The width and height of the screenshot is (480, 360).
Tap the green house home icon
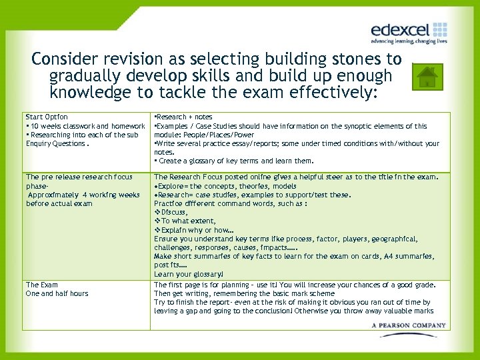point(427,77)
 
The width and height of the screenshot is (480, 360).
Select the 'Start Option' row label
point(47,117)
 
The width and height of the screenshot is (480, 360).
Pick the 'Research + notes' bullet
point(184,117)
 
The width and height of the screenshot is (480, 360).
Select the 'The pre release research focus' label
point(79,177)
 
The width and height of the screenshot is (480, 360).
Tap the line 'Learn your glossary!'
point(189,274)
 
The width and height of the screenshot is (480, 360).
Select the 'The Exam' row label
point(42,285)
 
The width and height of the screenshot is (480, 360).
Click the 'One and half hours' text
point(57,293)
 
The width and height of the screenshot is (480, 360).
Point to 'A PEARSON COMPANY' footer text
point(409,325)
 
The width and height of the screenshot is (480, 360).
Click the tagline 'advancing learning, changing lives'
point(409,41)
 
